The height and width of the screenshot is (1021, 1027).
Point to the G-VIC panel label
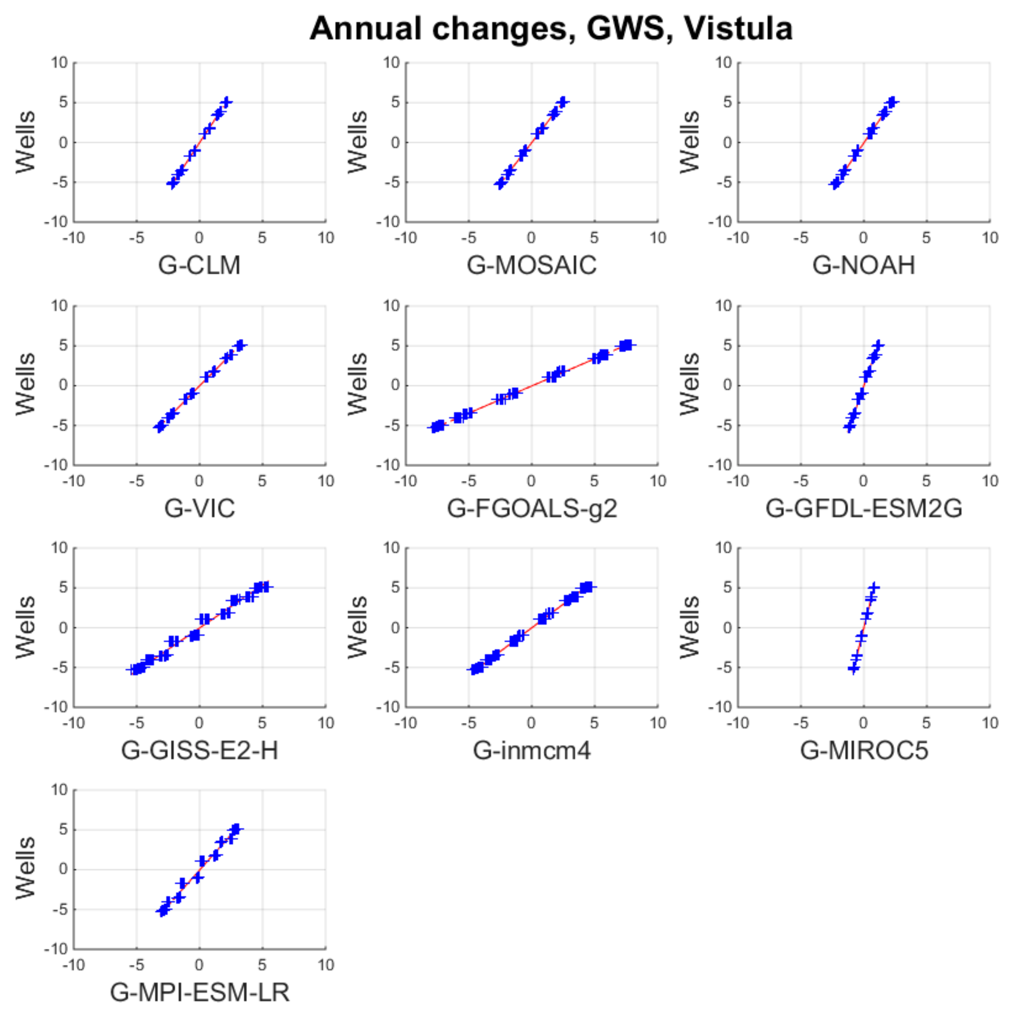[199, 508]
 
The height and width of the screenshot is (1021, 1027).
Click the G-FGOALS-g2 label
[531, 508]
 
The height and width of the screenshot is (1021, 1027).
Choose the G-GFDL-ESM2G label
[864, 508]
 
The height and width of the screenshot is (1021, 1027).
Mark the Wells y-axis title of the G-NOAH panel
[690, 142]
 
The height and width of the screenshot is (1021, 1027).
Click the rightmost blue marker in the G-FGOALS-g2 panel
[628, 345]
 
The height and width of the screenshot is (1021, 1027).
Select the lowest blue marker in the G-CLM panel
[172, 184]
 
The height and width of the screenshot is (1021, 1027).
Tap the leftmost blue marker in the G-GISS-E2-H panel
[134, 669]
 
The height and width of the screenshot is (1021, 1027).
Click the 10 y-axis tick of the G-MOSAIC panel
[391, 63]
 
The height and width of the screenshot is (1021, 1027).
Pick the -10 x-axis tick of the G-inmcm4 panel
[405, 723]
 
